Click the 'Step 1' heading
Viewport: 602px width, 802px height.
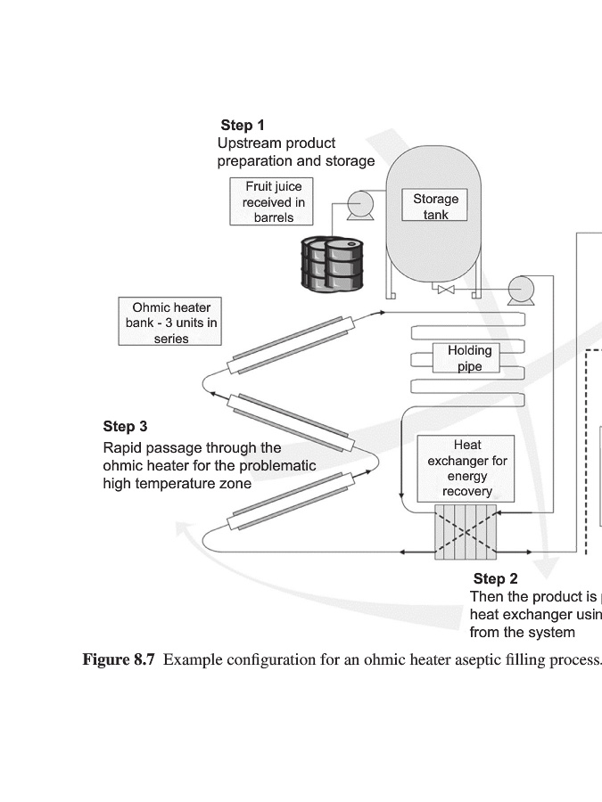[x=243, y=126]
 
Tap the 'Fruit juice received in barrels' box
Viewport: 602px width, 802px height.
[x=273, y=201]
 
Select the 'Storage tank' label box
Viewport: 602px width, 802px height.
[x=435, y=206]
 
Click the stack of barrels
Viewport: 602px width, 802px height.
[x=332, y=263]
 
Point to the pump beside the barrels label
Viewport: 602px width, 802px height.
[x=361, y=205]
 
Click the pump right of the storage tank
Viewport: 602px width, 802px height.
[x=521, y=289]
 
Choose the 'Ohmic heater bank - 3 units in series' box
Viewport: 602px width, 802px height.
[x=170, y=323]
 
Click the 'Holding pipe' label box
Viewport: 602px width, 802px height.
[x=469, y=358]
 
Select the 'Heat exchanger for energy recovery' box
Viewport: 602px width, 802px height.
[x=466, y=468]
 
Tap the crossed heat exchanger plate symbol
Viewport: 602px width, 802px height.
[x=465, y=532]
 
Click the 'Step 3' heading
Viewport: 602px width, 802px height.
[x=125, y=427]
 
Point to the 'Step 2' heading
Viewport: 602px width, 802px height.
[x=495, y=579]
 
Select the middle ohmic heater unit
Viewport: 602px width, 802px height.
[x=292, y=421]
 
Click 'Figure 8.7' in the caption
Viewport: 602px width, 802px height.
[x=120, y=660]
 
